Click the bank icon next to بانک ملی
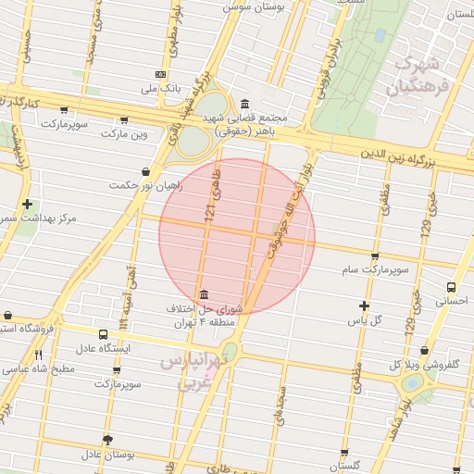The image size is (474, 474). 161,74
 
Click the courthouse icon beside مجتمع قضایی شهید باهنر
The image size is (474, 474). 243,104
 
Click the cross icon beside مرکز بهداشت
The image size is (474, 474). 28,204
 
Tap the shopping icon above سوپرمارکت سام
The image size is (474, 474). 374,256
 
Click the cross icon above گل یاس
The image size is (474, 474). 364,306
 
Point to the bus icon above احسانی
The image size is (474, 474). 451,287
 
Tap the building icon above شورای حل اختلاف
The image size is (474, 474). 204,293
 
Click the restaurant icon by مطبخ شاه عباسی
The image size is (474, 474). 38,355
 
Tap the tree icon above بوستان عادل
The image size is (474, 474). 108,440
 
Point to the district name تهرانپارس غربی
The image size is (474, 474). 193,368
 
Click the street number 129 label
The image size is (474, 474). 427,231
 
